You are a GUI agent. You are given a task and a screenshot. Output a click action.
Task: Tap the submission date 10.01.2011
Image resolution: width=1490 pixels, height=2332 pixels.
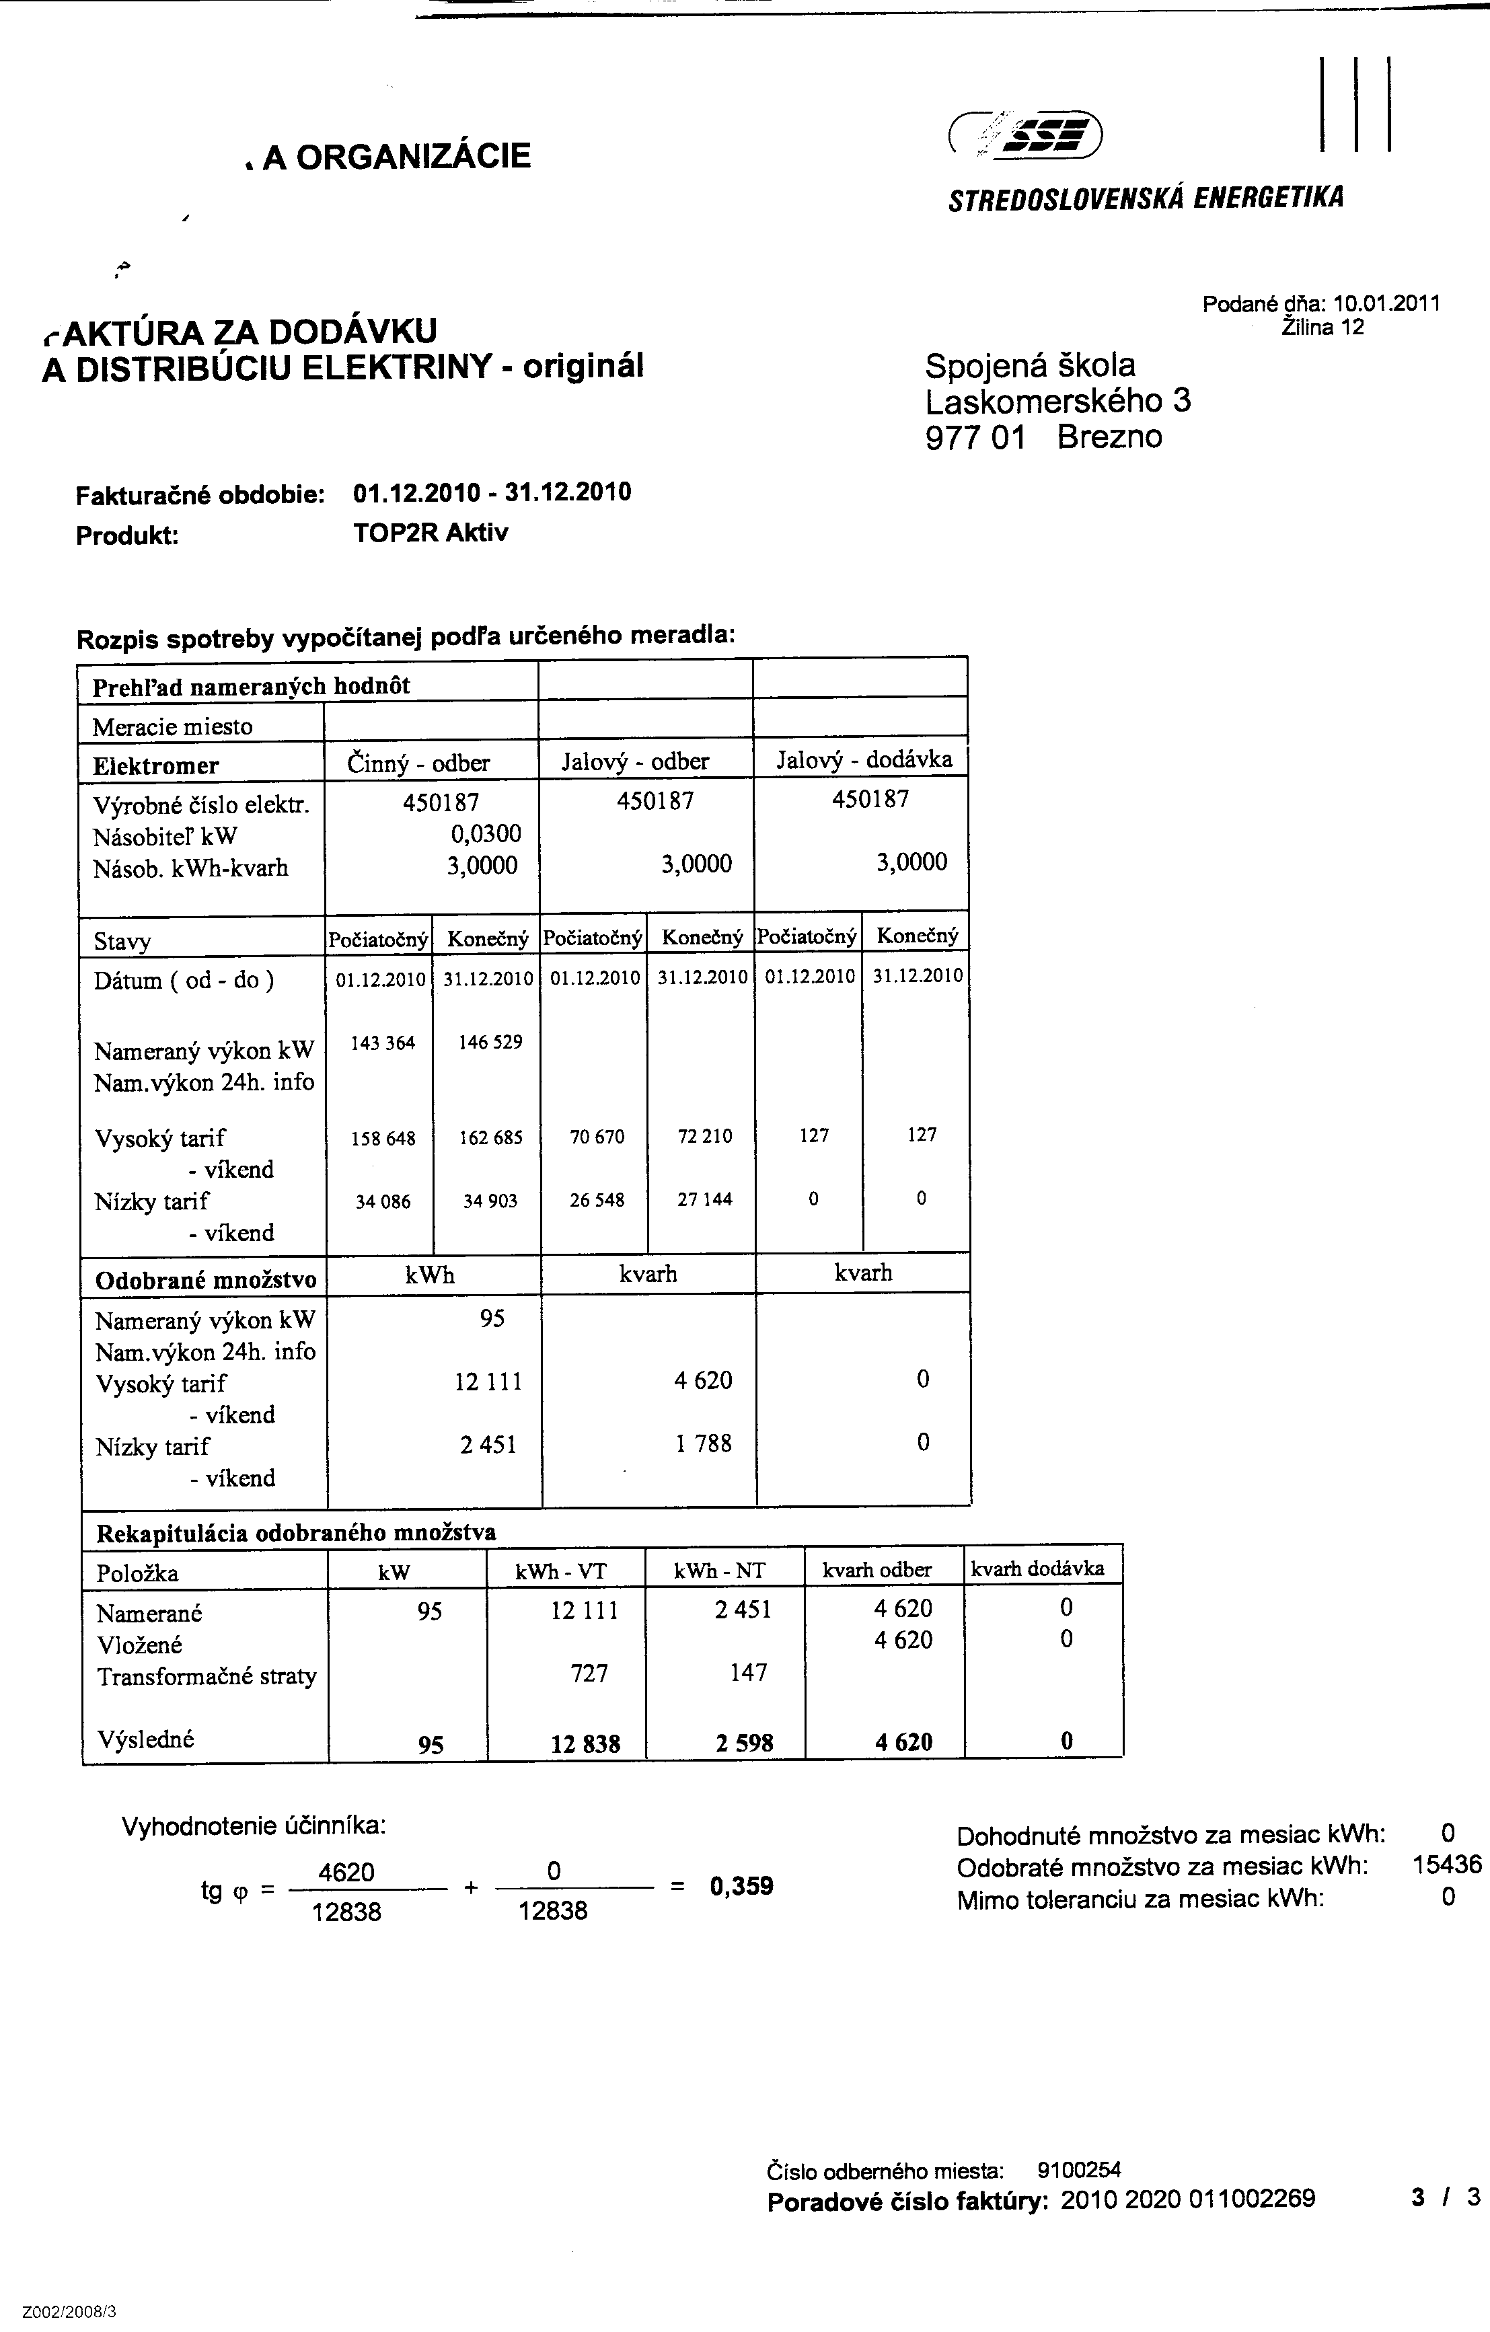[x=1386, y=303]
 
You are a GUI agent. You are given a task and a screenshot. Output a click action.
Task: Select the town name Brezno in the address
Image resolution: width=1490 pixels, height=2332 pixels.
[x=1109, y=437]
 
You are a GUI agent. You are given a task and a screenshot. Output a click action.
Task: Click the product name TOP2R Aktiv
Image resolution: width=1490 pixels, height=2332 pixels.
[x=430, y=533]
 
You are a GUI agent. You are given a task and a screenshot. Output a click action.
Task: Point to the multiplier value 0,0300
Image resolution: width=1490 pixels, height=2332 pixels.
[x=484, y=833]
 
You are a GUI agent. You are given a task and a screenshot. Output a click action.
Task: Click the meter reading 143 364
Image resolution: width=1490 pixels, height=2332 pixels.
[x=383, y=1043]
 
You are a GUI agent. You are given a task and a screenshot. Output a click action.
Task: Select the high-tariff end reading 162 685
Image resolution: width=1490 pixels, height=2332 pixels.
[x=490, y=1138]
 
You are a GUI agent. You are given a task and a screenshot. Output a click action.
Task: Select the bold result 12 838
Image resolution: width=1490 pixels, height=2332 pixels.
[x=585, y=1744]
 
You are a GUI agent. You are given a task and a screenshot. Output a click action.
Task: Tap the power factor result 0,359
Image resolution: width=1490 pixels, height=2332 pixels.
[x=741, y=1887]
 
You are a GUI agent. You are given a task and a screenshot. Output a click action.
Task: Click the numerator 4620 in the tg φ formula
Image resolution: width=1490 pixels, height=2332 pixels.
[x=346, y=1872]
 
